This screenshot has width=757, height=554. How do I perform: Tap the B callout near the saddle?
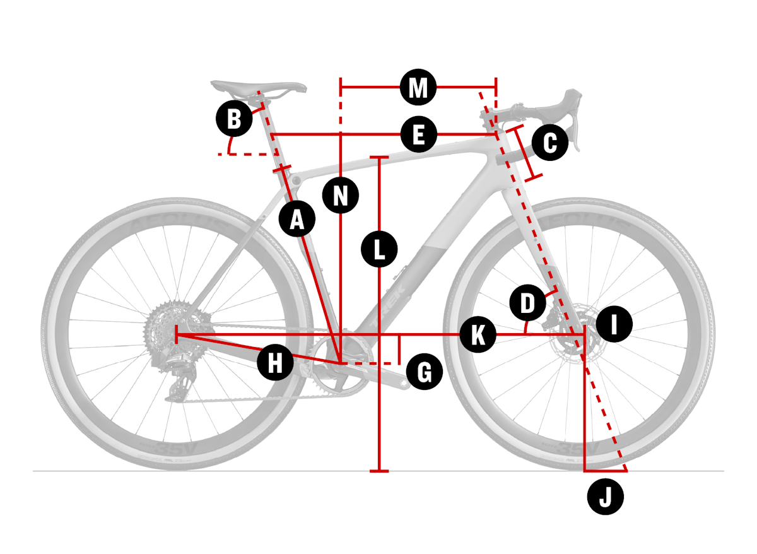click(x=234, y=119)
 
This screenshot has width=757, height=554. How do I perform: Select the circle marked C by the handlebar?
click(x=549, y=143)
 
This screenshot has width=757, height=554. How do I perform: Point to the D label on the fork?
click(x=527, y=302)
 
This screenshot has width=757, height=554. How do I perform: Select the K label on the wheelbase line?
click(x=478, y=334)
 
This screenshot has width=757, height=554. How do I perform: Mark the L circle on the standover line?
click(x=379, y=249)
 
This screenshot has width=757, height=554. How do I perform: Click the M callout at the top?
click(x=418, y=88)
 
